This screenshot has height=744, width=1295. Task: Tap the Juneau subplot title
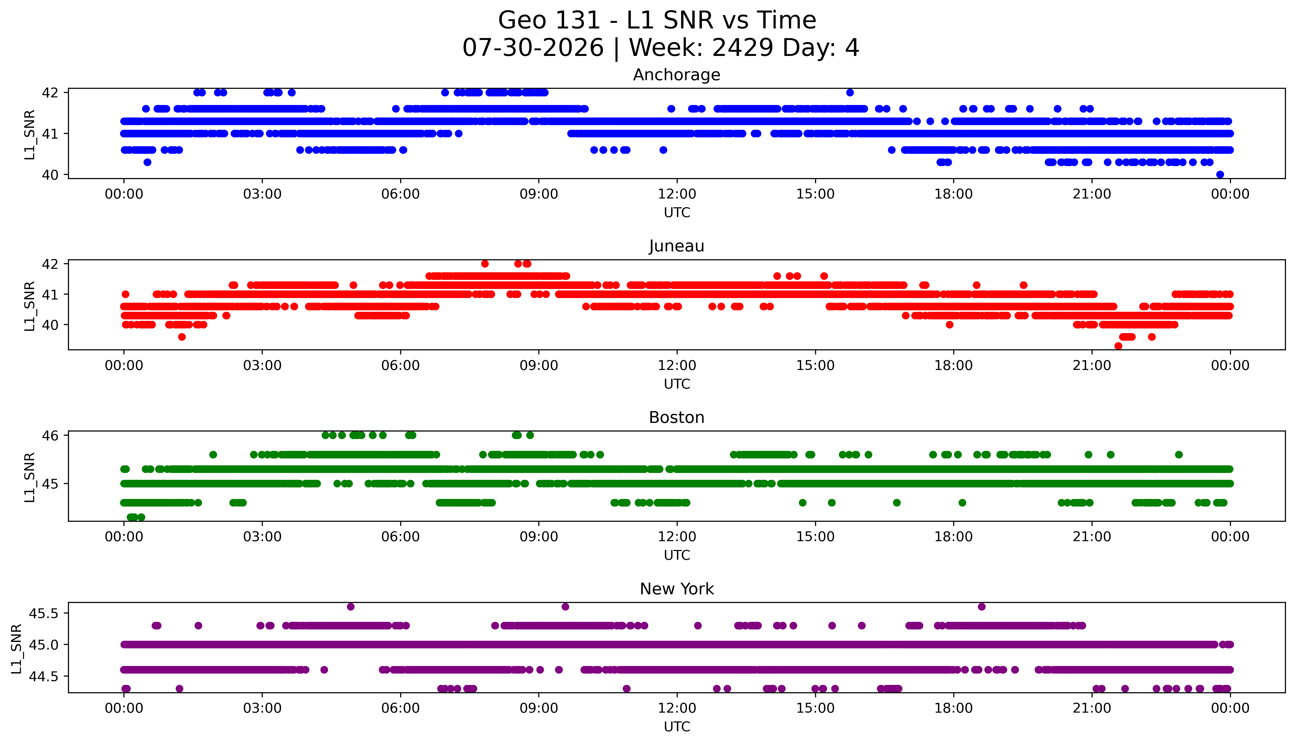click(677, 246)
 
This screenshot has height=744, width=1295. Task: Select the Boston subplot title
click(677, 418)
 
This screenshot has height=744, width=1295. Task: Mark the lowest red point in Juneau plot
click(1118, 346)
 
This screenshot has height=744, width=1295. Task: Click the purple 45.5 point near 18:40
click(981, 607)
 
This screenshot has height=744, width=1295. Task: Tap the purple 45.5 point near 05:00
click(351, 607)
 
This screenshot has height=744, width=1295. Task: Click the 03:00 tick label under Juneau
click(262, 365)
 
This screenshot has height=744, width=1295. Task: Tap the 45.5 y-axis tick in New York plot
click(44, 613)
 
